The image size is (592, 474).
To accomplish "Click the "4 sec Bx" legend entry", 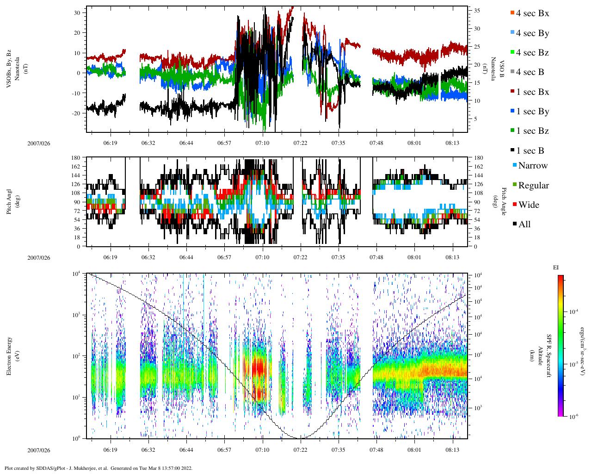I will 532,13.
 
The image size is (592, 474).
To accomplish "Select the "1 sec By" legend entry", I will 532,112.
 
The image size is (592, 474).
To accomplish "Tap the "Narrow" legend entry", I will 532,166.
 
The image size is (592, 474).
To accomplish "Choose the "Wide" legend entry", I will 528,205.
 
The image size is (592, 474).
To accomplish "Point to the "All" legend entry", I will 524,225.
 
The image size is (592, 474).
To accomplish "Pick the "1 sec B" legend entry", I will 530,151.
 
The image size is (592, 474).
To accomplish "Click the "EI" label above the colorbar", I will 556,268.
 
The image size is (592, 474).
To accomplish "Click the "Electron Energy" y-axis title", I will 9,355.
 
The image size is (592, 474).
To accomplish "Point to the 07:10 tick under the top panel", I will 262,143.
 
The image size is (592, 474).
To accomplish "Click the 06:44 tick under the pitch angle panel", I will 186,257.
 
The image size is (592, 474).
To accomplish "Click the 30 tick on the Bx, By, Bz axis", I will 77,12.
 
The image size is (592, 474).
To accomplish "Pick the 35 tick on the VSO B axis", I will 476,10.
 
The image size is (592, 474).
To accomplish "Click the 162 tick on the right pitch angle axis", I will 478,167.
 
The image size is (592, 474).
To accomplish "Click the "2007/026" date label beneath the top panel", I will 39,143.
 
